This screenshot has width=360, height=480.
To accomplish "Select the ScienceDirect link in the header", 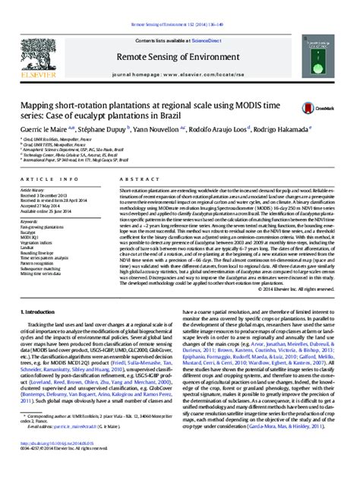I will pyautogui.click(x=215, y=24).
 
